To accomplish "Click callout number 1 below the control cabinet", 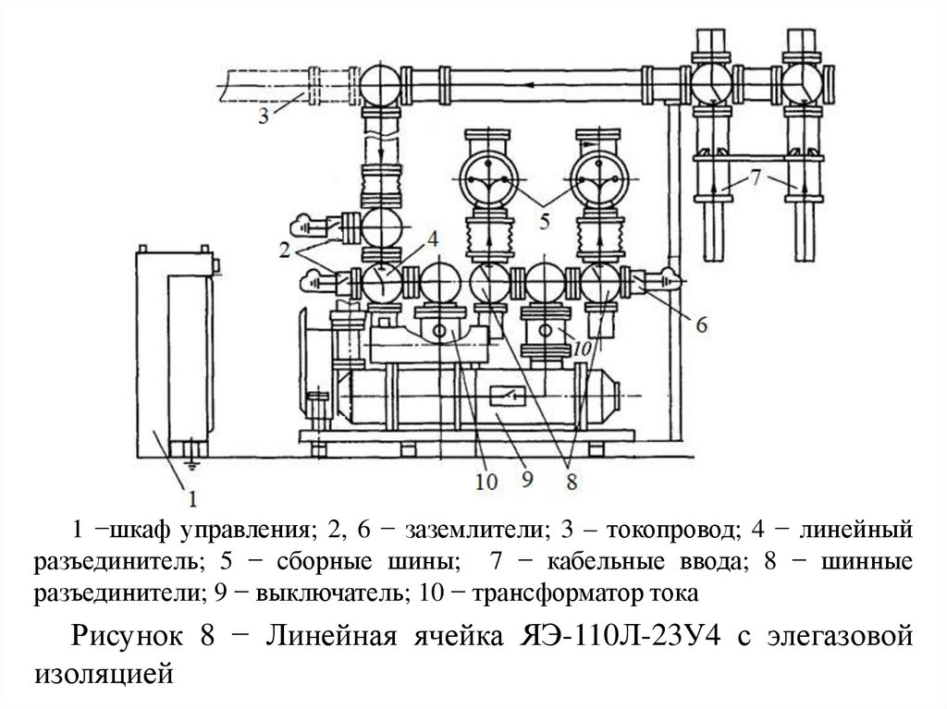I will click(x=193, y=500).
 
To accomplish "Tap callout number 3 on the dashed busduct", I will click(x=264, y=116).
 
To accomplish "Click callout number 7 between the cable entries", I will click(x=756, y=177).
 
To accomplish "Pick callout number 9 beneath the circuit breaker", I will click(x=528, y=481).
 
